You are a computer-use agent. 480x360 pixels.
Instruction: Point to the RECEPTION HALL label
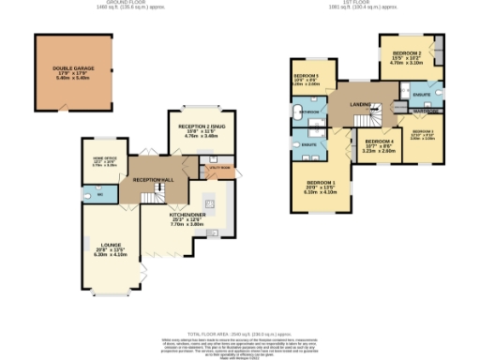pos(154,178)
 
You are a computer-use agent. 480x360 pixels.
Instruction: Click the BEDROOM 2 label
pos(406,53)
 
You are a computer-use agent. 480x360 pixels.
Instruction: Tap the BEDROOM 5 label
pos(306,76)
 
